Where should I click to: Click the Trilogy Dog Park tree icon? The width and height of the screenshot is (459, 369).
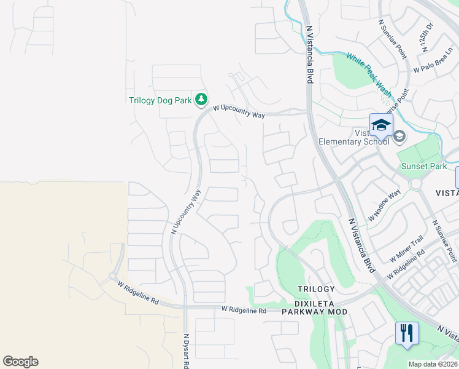201,99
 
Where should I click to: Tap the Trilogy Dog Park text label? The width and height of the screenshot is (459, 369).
160,100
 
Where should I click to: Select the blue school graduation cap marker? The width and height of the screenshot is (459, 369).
381,125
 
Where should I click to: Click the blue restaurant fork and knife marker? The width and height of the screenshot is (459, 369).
407,333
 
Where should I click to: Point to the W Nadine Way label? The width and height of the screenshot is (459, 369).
384,206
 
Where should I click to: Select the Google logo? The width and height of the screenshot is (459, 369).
20,361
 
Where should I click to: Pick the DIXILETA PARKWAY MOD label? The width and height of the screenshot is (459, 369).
314,312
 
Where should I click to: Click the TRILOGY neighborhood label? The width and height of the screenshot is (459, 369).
316,289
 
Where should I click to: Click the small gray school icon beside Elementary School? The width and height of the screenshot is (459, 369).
399,136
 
